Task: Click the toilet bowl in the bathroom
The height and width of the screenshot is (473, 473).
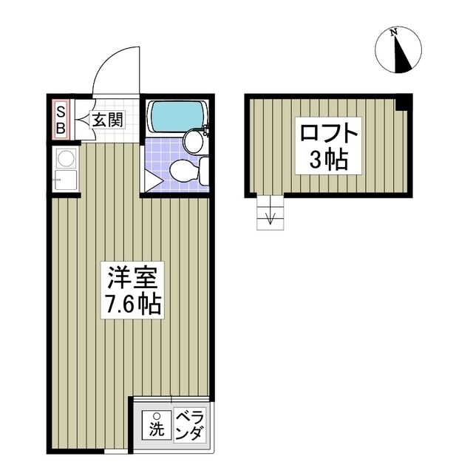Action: [183, 171]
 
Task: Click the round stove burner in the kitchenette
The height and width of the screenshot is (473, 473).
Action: [64, 157]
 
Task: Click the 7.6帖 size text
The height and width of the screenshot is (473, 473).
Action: [130, 304]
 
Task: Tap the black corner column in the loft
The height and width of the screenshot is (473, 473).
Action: [403, 103]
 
